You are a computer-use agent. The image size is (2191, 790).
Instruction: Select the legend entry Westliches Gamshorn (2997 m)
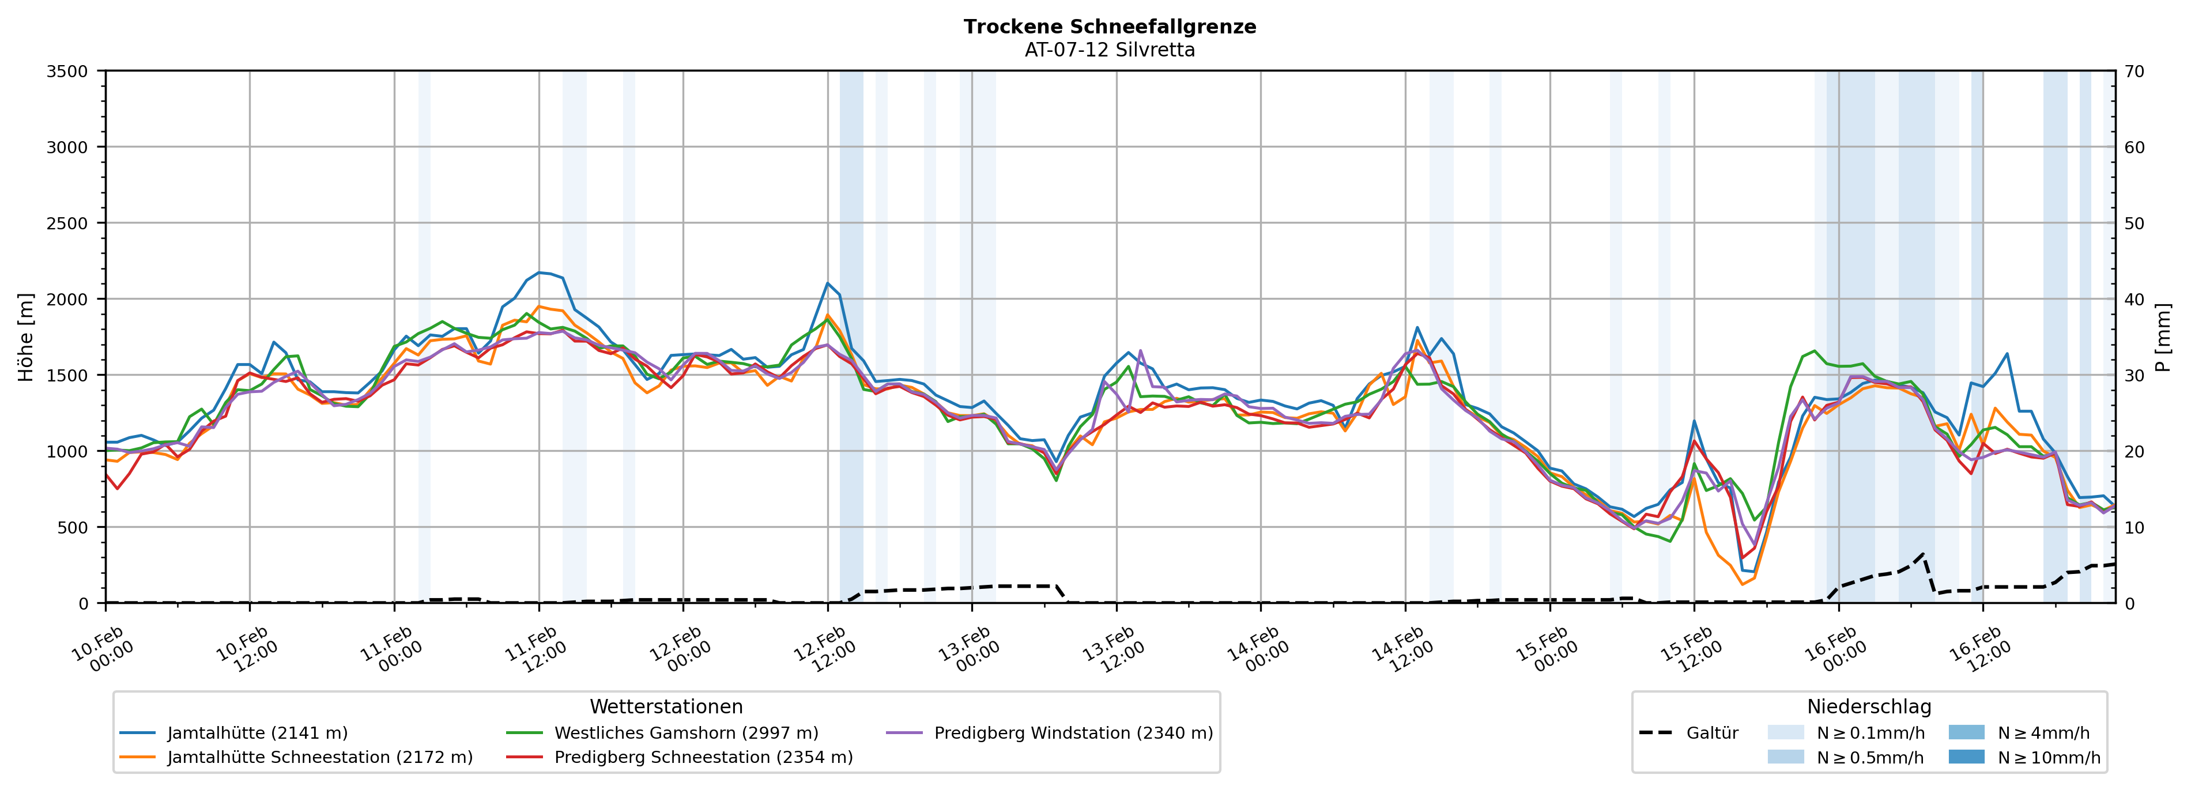[685, 733]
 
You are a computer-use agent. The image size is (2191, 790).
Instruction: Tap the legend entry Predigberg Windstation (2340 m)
[1073, 733]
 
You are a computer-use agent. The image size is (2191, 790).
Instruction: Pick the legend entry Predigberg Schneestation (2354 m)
[703, 757]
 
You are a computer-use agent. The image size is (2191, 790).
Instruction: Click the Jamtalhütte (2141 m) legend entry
[257, 733]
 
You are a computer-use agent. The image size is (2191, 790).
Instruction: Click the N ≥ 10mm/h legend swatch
[1966, 757]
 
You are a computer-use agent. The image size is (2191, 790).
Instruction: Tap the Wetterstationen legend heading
[666, 706]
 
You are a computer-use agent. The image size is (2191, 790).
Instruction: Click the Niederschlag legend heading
[1869, 706]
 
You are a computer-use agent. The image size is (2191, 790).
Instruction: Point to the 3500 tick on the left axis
[67, 71]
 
